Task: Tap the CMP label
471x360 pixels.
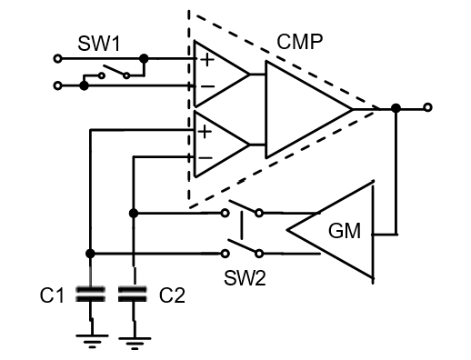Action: [304, 42]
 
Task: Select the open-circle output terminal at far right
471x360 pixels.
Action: [427, 108]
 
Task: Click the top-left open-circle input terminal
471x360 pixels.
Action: [59, 58]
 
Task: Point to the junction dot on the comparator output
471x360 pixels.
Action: [396, 108]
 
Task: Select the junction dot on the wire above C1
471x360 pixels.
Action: [90, 253]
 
